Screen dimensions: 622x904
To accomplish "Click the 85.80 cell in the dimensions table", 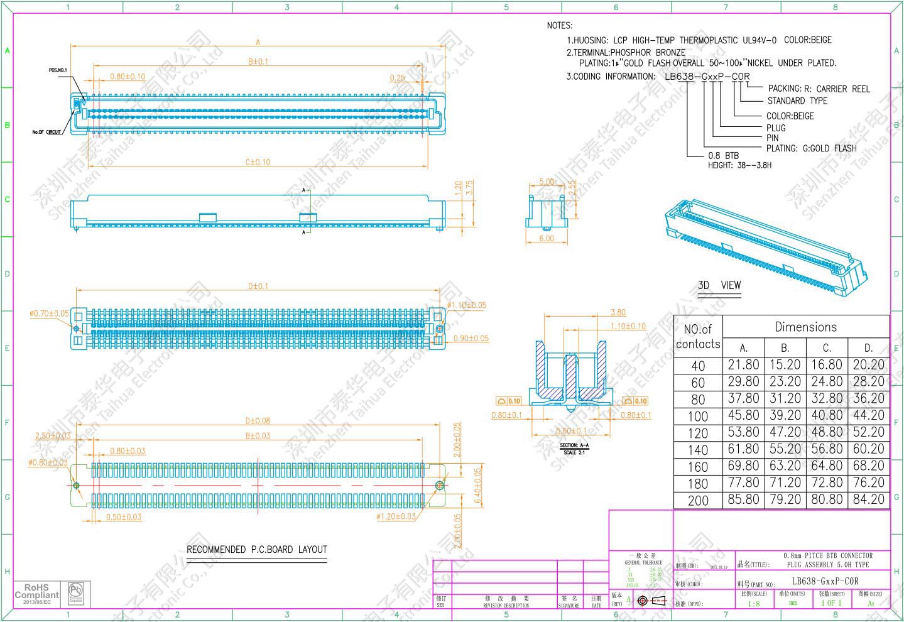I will click(x=743, y=499).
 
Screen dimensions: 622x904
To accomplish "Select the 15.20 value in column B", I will click(x=785, y=364).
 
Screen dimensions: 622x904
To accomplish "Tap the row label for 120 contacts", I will click(x=698, y=434).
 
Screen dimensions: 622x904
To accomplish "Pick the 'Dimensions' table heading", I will click(x=805, y=327).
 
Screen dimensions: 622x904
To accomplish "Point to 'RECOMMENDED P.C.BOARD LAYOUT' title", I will click(x=257, y=550).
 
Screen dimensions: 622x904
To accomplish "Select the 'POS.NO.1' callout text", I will click(x=58, y=70).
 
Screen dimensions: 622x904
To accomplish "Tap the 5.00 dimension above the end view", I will click(x=547, y=182).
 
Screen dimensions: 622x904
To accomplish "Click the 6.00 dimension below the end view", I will click(x=547, y=239).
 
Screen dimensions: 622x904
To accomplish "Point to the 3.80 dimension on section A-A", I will click(x=618, y=312).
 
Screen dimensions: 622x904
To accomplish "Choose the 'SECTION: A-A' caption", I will click(x=574, y=445).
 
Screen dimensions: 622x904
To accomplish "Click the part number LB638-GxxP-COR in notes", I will click(x=707, y=77).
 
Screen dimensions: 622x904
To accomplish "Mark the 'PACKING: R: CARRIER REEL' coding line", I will click(x=819, y=89).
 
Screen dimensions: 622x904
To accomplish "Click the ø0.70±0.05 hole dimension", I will click(x=49, y=314).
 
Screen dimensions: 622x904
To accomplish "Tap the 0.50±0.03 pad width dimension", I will click(x=124, y=517).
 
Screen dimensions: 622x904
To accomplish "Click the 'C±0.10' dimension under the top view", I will click(x=258, y=162).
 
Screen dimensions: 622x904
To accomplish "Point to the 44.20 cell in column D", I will click(x=868, y=415).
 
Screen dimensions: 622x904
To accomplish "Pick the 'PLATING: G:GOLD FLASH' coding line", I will click(x=811, y=149).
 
